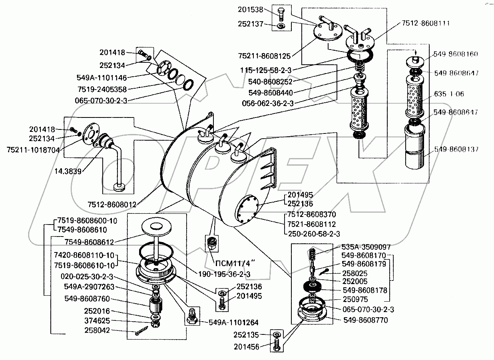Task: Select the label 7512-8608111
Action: point(426,24)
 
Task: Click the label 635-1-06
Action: point(450,94)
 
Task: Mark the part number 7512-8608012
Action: point(112,205)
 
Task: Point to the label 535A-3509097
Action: point(366,247)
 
